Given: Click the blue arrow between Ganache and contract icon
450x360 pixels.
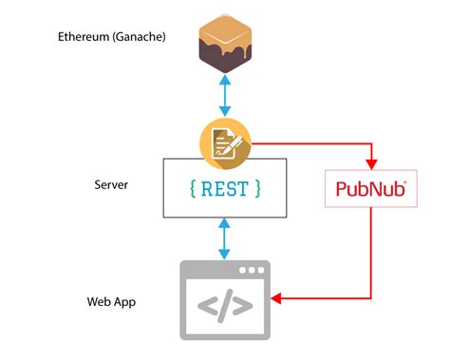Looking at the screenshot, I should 225,97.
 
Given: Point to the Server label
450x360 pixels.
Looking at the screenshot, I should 111,183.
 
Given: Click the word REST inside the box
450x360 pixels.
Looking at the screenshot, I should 225,189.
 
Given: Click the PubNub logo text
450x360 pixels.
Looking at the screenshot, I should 370,190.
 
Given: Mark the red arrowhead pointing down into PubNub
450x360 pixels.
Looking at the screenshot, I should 370,161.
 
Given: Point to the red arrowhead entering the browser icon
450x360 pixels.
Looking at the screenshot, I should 277,300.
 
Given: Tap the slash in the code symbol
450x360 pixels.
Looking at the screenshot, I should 225,307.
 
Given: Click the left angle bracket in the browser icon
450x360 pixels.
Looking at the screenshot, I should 205,307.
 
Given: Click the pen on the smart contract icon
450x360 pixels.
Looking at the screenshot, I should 231,145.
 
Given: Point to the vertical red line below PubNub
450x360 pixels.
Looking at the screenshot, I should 370,252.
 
